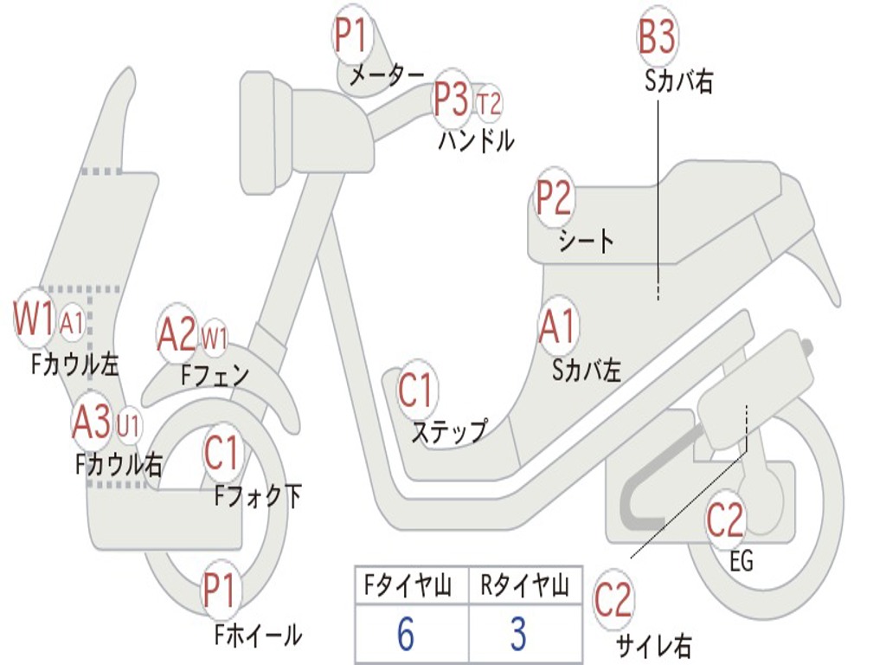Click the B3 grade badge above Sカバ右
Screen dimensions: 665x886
pyautogui.click(x=657, y=39)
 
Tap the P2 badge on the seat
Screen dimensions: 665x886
pyautogui.click(x=554, y=198)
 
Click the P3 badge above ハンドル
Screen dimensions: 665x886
pyautogui.click(x=451, y=100)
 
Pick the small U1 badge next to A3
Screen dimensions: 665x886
pyautogui.click(x=129, y=424)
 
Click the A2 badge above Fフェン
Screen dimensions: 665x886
pyautogui.click(x=177, y=334)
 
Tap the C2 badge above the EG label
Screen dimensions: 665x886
pyautogui.click(x=725, y=520)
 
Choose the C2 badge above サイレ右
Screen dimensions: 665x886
pyautogui.click(x=613, y=600)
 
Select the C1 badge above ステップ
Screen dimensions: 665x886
pyautogui.click(x=416, y=390)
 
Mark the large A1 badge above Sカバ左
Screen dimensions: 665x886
pyautogui.click(x=557, y=327)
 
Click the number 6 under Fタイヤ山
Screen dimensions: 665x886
pyautogui.click(x=405, y=635)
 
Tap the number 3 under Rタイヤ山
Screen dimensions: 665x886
pyautogui.click(x=518, y=635)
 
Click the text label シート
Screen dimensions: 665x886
pyautogui.click(x=587, y=240)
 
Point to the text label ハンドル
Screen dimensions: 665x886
pyautogui.click(x=476, y=139)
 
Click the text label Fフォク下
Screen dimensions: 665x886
pyautogui.click(x=258, y=495)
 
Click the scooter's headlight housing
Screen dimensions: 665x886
pyautogui.click(x=264, y=130)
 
